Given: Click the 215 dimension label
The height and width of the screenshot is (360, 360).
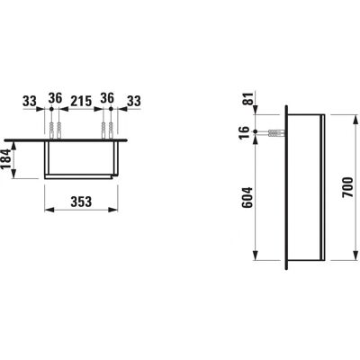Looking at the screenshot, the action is coord(81,102).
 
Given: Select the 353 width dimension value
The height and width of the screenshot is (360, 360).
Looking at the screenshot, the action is coord(81,202).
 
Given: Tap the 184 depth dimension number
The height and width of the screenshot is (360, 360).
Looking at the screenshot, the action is coord(6,159).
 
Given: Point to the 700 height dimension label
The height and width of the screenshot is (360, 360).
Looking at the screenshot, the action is coord(347,187).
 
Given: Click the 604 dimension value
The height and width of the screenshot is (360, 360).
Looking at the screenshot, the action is coord(247,197).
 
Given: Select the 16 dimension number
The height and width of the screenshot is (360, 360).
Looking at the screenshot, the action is coord(245,131).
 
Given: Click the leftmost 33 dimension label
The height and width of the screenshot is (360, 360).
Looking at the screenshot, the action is coord(30,102).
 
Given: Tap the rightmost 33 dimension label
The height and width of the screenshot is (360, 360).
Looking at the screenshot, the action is coord(133,102).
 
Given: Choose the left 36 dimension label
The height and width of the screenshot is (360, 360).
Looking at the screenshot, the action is coord(56,98).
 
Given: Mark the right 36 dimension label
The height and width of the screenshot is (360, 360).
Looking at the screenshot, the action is coord(107,98).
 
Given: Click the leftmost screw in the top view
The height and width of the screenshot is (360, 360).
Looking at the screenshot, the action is coord(51,130).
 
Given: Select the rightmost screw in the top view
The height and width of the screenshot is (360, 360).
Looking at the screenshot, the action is coord(111,130).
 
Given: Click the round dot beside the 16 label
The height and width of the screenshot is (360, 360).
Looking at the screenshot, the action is coord(256,131).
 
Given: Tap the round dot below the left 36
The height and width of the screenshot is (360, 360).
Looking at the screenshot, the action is coord(51,109).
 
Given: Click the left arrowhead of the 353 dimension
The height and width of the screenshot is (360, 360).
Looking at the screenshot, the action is coord(49,210).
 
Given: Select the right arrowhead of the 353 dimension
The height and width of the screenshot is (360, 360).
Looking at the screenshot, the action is coord(113,210).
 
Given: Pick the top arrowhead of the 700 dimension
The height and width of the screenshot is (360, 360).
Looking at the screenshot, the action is coord(355,119).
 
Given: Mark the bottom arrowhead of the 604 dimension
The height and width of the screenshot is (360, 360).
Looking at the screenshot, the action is coord(256,256).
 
